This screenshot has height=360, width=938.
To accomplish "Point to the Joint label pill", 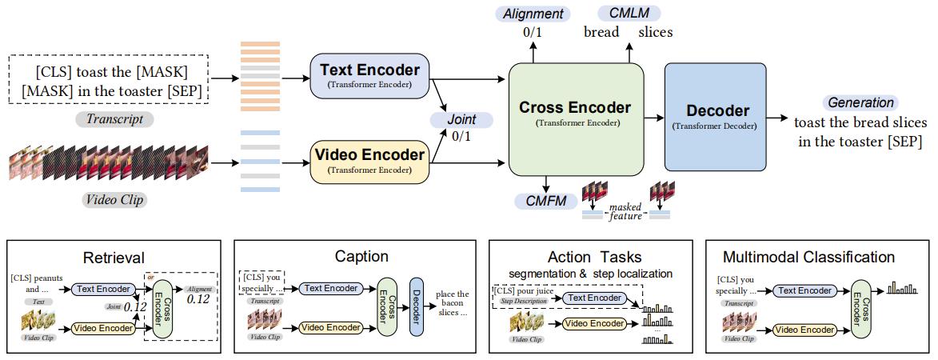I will point(461,120).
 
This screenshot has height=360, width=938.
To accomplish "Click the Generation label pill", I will point(860,103).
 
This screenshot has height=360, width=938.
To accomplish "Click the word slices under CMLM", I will point(655,33).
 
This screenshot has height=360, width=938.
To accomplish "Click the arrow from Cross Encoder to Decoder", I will point(654,118).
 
